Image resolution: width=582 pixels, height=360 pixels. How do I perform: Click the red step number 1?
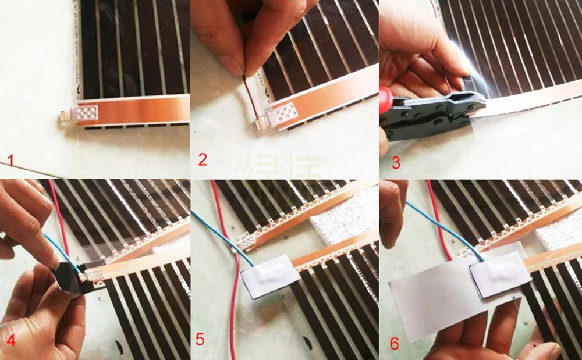10,159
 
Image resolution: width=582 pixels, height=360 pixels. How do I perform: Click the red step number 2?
203,159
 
